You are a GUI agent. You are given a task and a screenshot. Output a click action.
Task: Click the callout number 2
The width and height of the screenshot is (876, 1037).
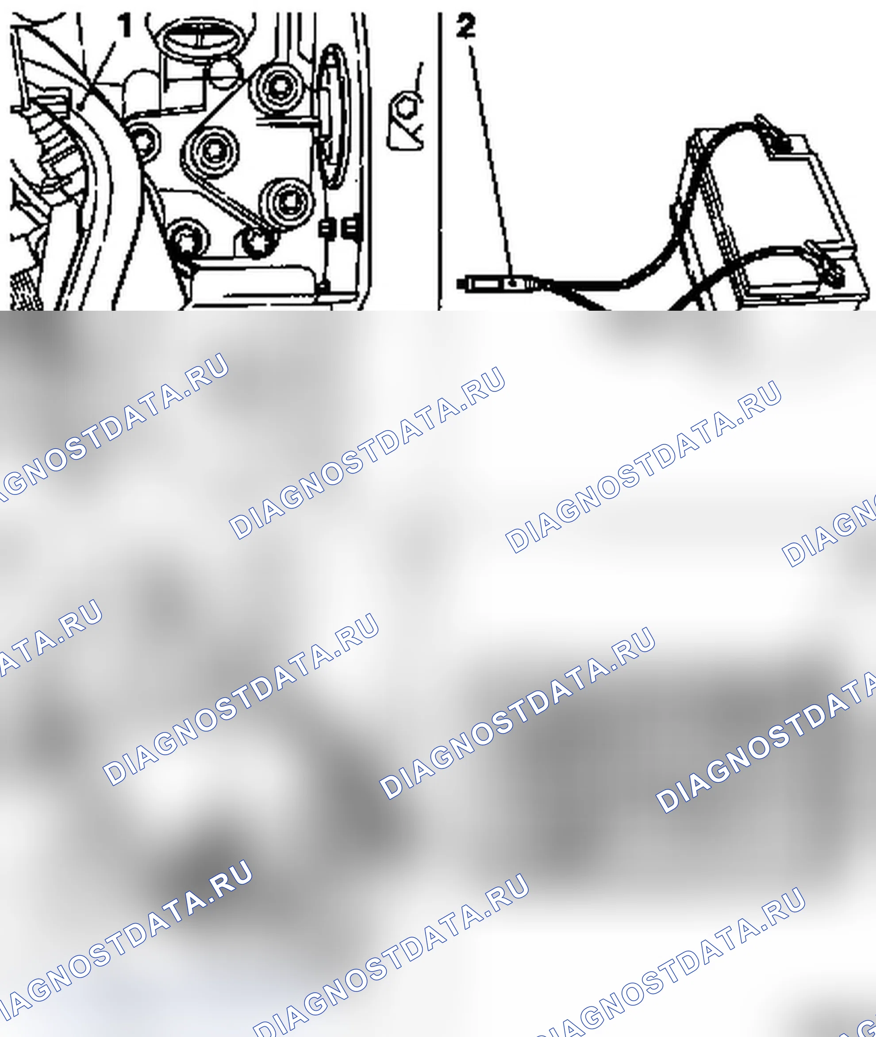[x=465, y=26]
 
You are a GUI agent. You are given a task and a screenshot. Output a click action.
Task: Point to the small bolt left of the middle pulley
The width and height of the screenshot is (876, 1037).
[x=143, y=143]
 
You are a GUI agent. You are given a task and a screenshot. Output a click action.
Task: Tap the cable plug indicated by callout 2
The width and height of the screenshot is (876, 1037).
[x=496, y=284]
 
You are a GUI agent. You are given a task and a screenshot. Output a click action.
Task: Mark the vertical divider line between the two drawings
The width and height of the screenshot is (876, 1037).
[x=439, y=162]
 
